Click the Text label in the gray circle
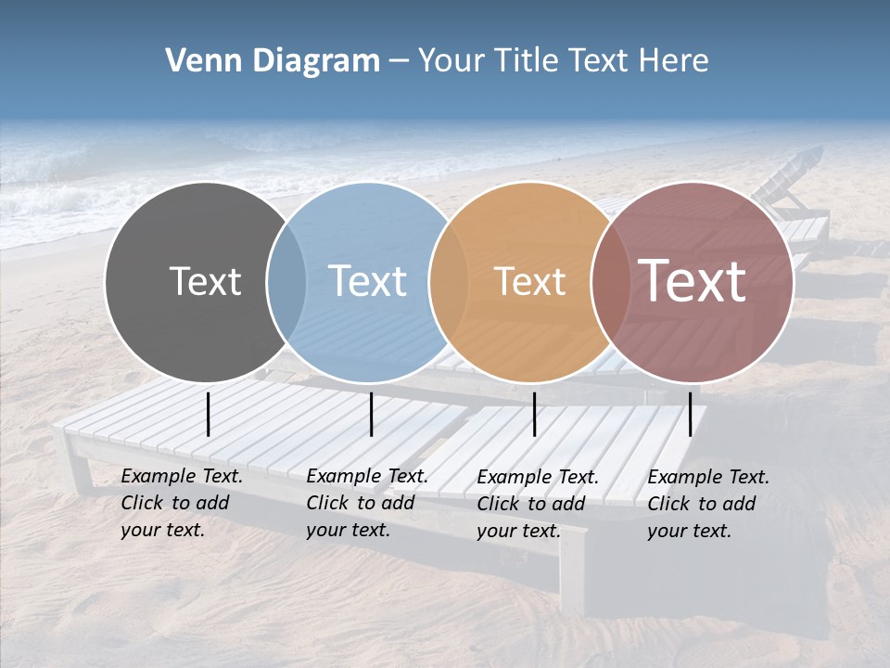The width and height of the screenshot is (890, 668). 205,281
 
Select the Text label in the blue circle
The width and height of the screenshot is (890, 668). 367,281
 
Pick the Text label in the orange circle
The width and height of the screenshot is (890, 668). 529,281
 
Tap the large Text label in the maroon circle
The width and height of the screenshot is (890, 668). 692,280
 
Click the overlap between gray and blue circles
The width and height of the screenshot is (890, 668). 286,282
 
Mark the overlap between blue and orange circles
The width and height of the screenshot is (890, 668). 449,282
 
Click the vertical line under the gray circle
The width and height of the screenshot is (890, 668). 209,414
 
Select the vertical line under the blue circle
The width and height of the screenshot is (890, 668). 371,414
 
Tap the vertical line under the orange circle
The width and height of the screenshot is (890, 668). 534,414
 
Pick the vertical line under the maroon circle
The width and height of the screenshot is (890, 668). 690,414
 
